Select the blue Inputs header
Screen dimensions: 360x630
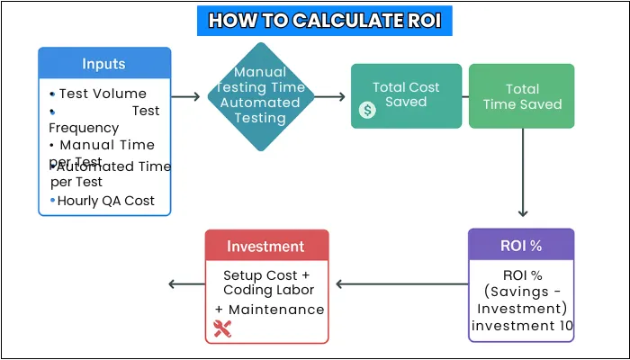[x=104, y=64]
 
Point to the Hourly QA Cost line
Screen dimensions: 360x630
[x=106, y=201]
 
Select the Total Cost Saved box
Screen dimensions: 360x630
[x=406, y=95]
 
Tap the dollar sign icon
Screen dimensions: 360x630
[x=367, y=110]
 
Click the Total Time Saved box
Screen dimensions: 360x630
[x=521, y=96]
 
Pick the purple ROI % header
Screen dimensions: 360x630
[x=521, y=246]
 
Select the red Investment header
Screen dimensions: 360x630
[x=266, y=246]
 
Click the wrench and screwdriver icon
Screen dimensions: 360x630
[x=222, y=329]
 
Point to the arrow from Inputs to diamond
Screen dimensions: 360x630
[x=184, y=96]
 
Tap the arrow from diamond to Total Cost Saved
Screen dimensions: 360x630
[x=329, y=96]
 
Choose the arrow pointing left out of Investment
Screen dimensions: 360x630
[x=186, y=285]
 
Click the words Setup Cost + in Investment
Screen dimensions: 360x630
[x=266, y=273]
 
